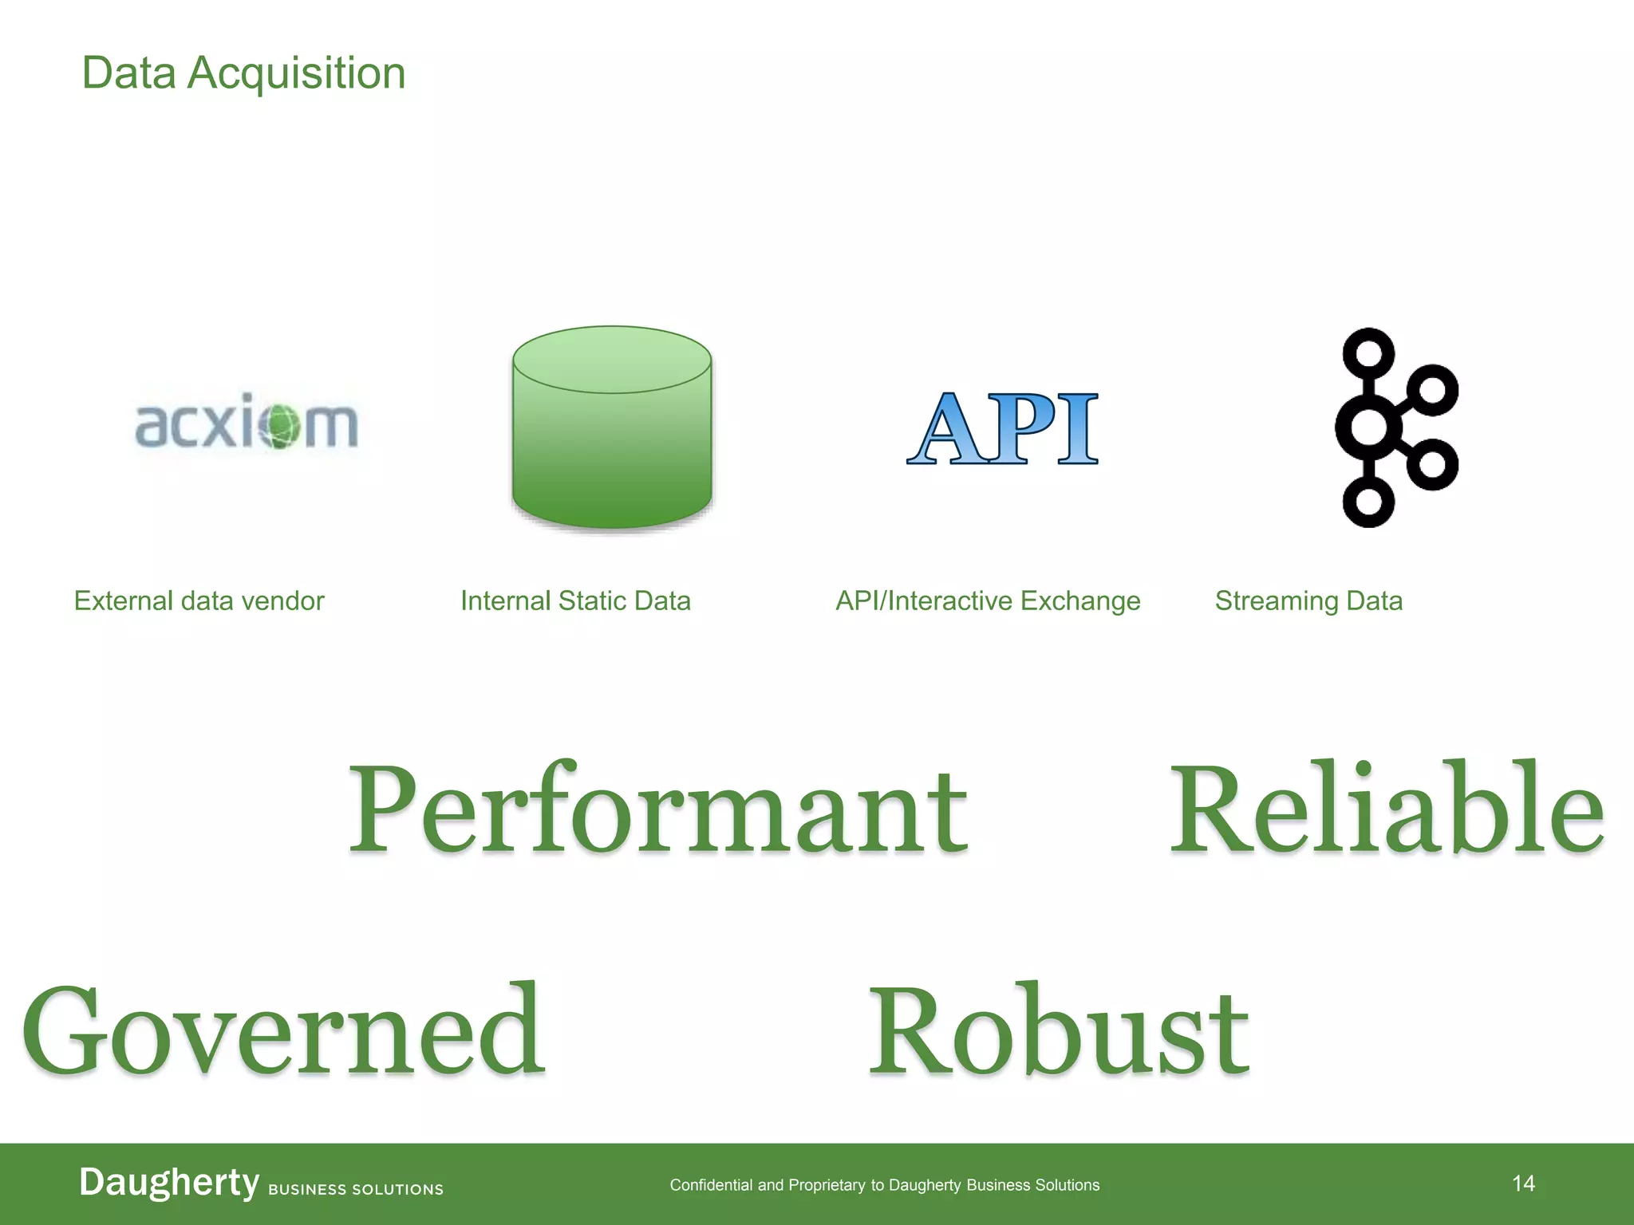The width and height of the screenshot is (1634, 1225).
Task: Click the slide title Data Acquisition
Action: pyautogui.click(x=243, y=73)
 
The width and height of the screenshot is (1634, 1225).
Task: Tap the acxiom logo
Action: pyautogui.click(x=247, y=423)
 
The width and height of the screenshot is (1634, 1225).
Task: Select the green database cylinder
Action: pyautogui.click(x=612, y=428)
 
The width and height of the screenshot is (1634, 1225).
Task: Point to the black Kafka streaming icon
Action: pyautogui.click(x=1395, y=428)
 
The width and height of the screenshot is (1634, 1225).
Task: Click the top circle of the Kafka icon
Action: pyautogui.click(x=1368, y=353)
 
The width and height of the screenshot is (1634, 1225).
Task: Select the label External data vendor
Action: pyautogui.click(x=199, y=601)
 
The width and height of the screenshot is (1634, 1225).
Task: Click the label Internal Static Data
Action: pyautogui.click(x=575, y=601)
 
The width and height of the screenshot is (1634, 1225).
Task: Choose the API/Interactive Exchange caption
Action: pyautogui.click(x=988, y=601)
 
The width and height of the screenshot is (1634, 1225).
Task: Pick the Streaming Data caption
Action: pyautogui.click(x=1308, y=601)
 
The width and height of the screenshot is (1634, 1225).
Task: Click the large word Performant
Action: pyautogui.click(x=658, y=809)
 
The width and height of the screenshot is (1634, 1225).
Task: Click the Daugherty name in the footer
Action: pyautogui.click(x=169, y=1182)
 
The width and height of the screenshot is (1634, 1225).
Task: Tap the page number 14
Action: pyautogui.click(x=1523, y=1184)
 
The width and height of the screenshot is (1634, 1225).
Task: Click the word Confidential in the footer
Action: pyautogui.click(x=711, y=1185)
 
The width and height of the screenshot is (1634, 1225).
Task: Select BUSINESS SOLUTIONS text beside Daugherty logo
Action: pyautogui.click(x=356, y=1189)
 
